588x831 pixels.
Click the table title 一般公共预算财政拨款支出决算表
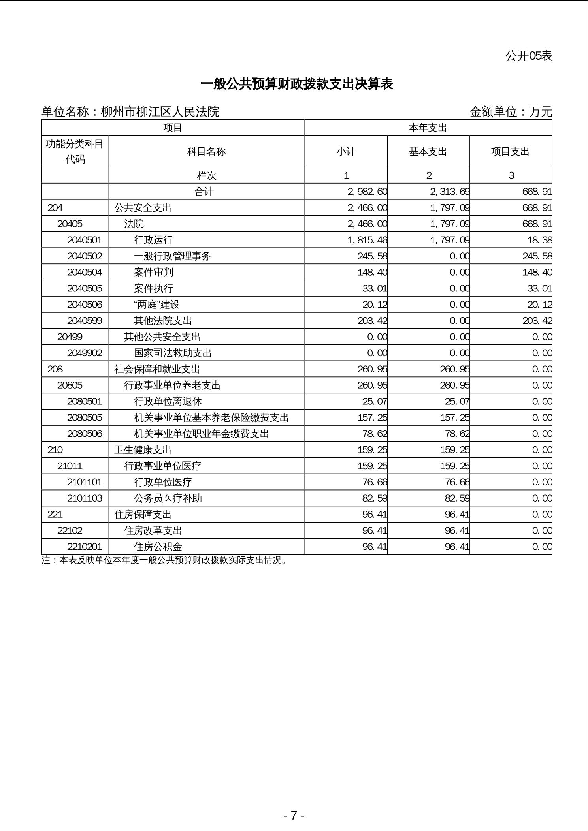click(297, 84)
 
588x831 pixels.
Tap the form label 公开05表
click(528, 56)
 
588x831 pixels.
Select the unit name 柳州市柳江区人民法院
click(160, 112)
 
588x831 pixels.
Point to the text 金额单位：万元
click(511, 112)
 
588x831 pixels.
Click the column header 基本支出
click(428, 152)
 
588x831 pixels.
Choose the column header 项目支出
click(510, 152)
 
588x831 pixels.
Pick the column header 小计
click(346, 152)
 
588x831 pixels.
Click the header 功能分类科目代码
click(75, 151)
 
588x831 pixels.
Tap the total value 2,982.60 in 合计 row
click(367, 192)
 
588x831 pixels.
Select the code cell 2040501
click(85, 240)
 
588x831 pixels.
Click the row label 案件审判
click(153, 273)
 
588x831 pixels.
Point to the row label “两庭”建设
click(157, 305)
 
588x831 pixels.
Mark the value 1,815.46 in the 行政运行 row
click(367, 240)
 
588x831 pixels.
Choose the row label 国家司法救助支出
click(173, 353)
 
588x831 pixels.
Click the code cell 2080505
click(85, 417)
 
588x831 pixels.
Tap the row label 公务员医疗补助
click(168, 498)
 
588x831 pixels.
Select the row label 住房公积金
click(158, 547)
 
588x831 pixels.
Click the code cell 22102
click(70, 531)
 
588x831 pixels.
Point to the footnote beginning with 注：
click(164, 560)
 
